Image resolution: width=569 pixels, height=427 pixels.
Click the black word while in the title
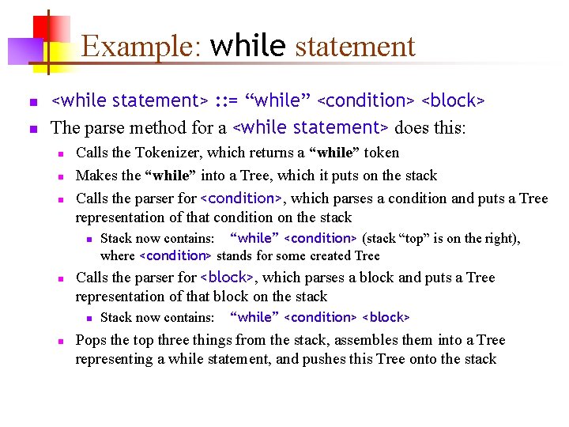pos(247,47)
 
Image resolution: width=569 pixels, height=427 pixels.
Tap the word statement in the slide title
pos(355,47)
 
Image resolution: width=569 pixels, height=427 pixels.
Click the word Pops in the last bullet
pos(91,341)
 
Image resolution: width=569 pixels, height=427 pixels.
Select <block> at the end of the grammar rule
pos(453,100)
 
